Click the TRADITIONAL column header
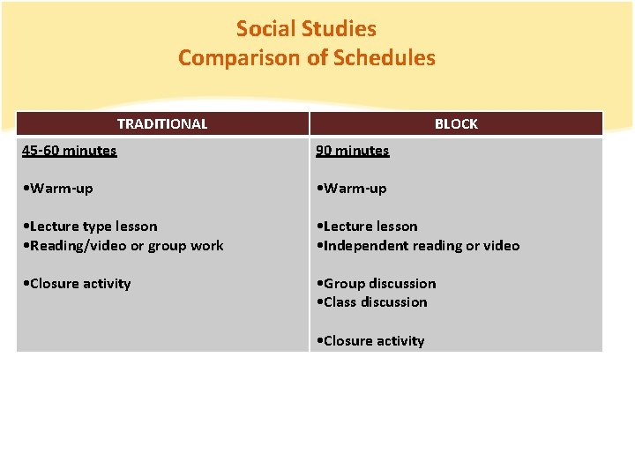162,124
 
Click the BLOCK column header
456,124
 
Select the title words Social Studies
306,29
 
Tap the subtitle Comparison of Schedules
306,58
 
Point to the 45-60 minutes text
69,151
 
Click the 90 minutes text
353,151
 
